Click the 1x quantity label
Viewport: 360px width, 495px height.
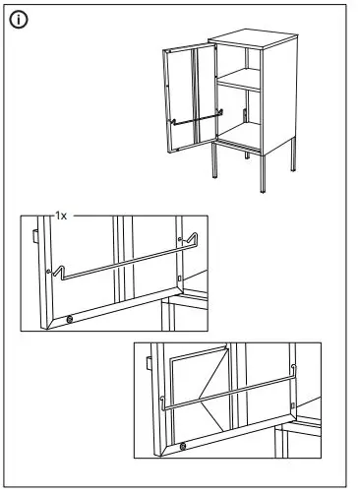coord(63,214)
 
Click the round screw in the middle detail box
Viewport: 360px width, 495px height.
coord(70,319)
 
